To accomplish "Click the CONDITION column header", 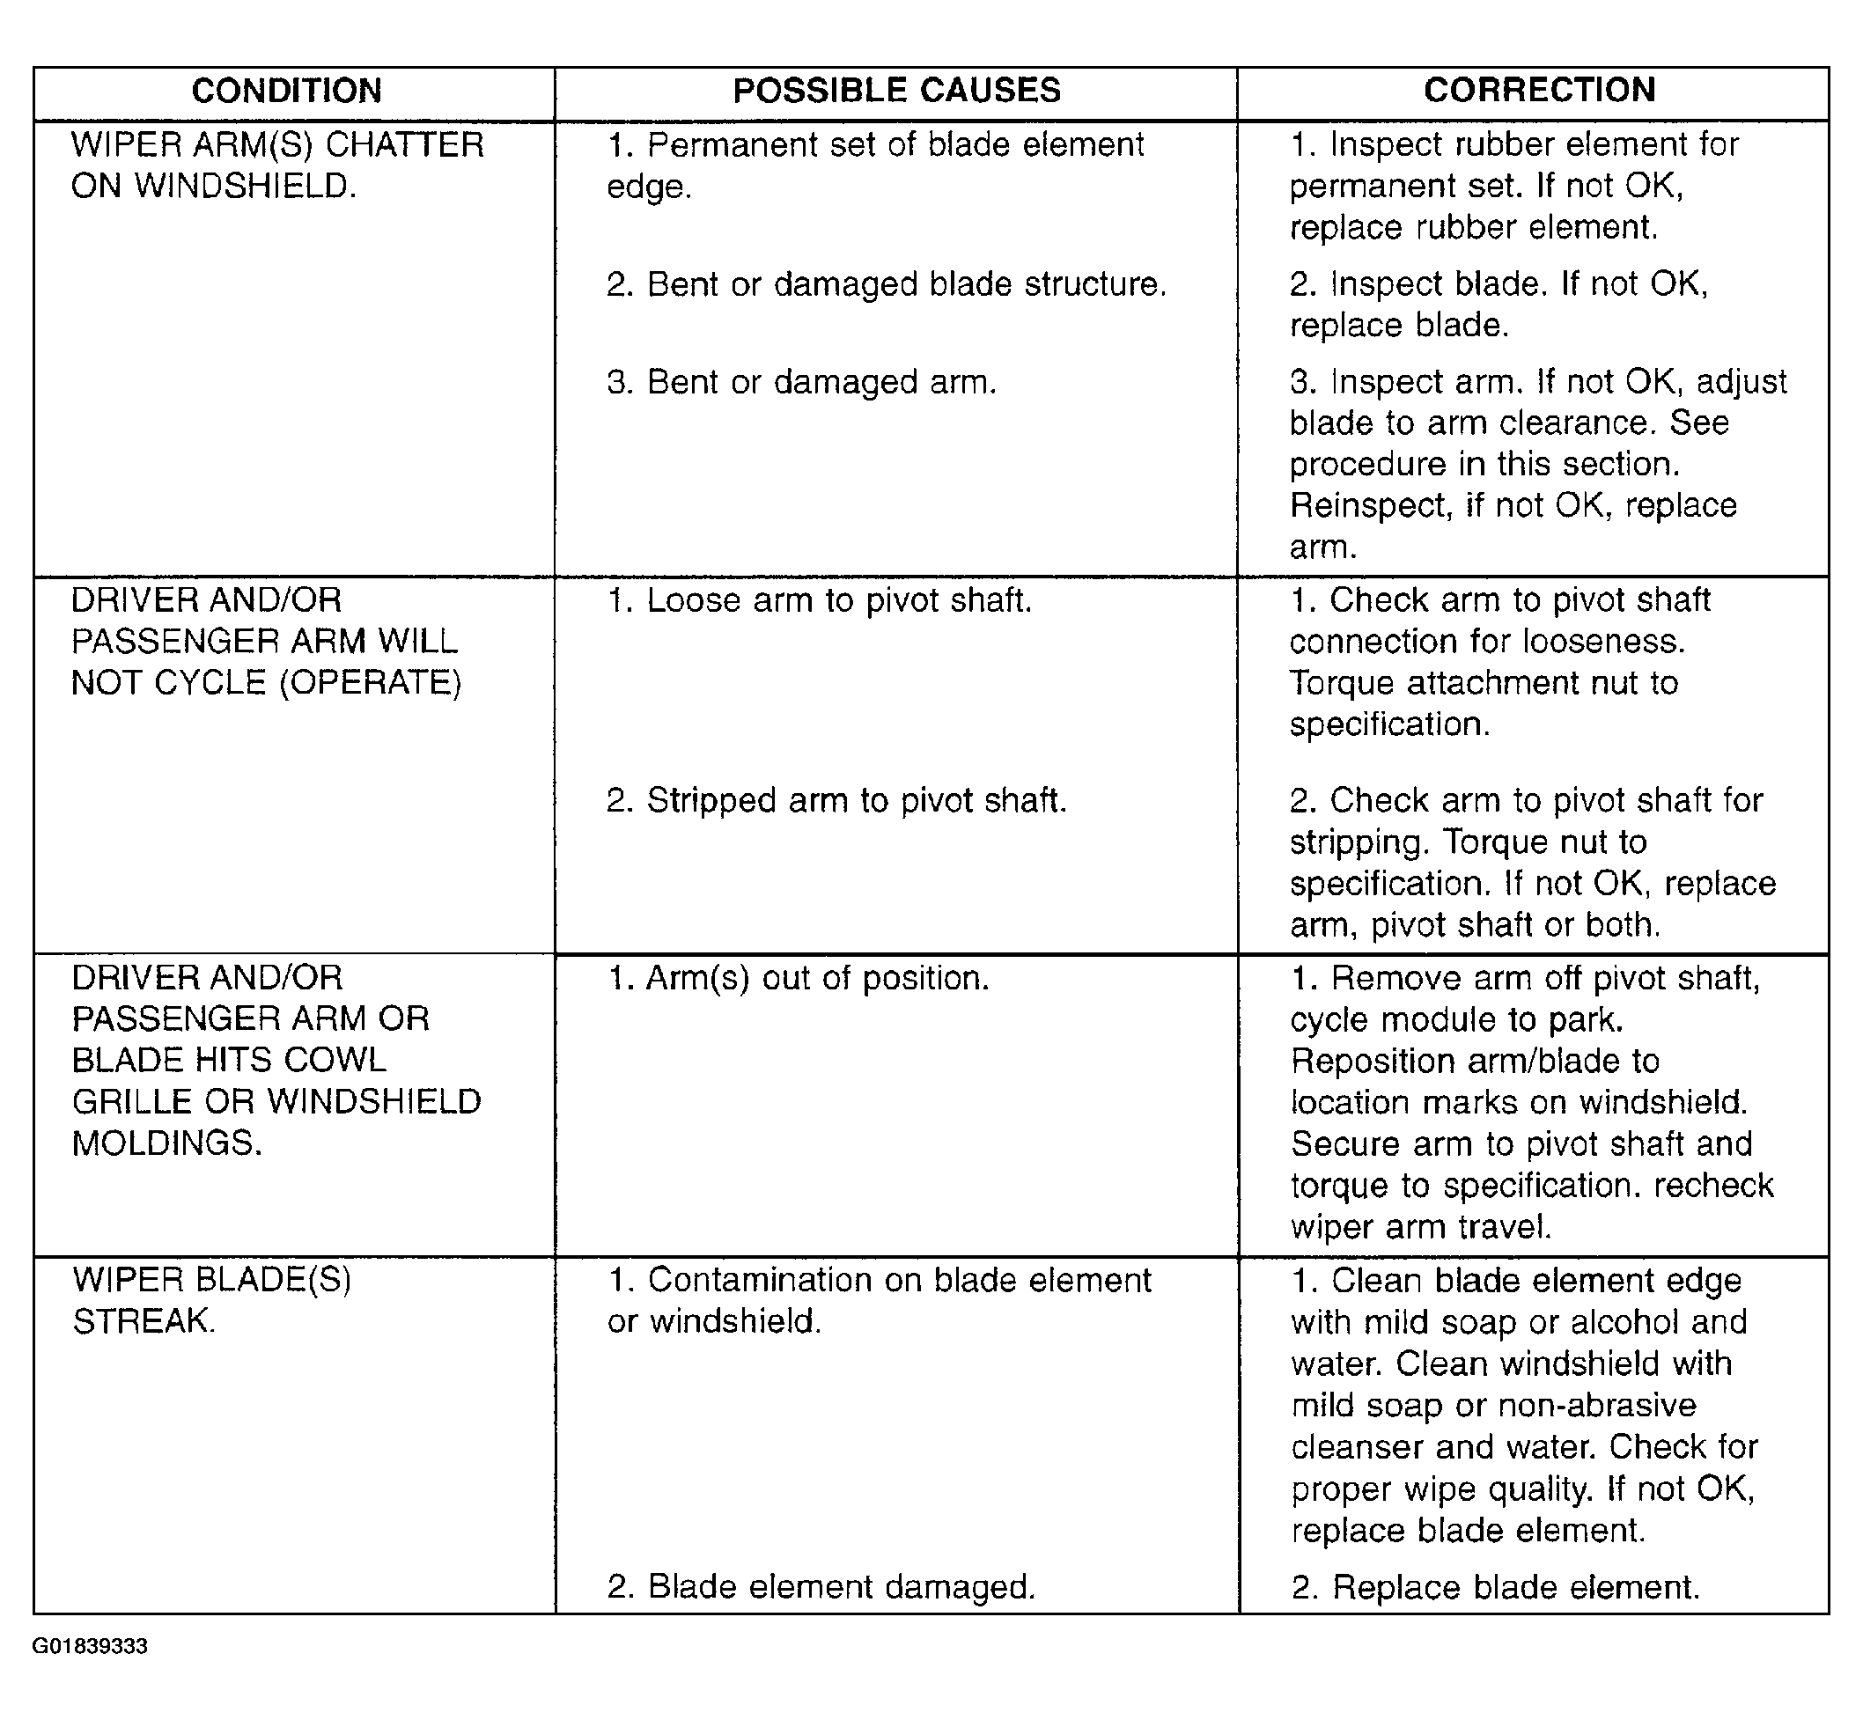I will pos(287,92).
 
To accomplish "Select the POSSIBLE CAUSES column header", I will pos(896,92).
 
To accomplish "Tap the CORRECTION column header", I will pos(1539,91).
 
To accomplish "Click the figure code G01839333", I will pos(90,1646).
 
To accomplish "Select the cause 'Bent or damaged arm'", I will pos(801,383).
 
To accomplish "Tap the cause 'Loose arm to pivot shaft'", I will pos(820,601).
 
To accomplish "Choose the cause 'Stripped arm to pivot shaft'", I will pos(836,801).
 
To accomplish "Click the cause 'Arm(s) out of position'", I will pos(798,979).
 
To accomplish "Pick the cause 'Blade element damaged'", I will pos(821,1587).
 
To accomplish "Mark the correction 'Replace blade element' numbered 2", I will pos(1495,1587).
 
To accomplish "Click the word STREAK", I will pos(144,1321).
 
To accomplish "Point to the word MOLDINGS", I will pos(166,1143).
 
